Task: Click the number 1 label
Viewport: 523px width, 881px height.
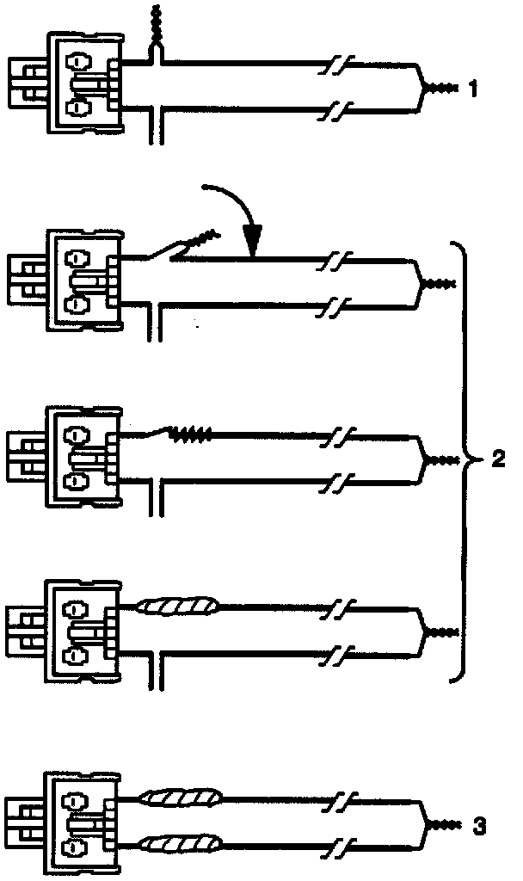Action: [472, 88]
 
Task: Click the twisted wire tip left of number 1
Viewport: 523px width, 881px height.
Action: [444, 88]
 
